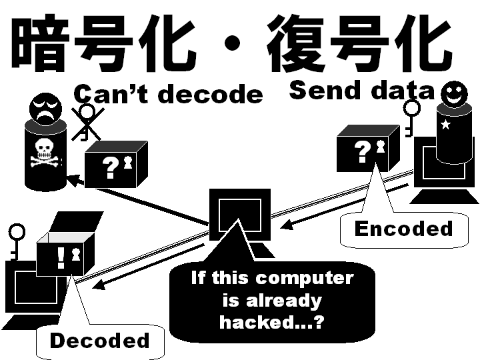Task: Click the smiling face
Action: (x=453, y=93)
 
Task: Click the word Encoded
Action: (x=403, y=229)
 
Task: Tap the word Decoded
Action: (x=99, y=341)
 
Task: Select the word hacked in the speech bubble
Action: (x=251, y=322)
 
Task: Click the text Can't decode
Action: (x=168, y=94)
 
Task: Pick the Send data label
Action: (x=361, y=89)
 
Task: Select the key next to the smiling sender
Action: (x=411, y=116)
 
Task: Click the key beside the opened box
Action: (x=17, y=241)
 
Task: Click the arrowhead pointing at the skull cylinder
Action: (x=72, y=179)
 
